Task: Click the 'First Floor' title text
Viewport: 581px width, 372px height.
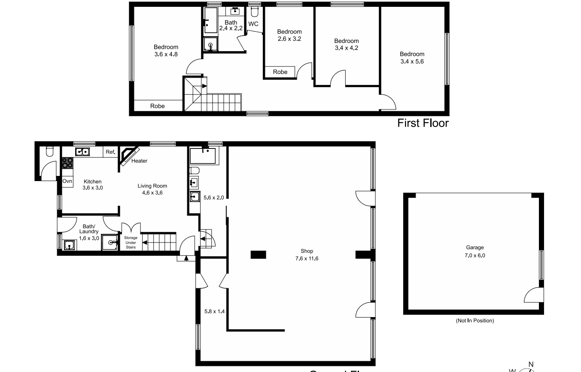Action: point(423,123)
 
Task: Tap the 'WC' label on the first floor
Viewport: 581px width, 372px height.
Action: point(253,24)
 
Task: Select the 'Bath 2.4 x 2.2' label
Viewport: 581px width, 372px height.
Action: point(231,25)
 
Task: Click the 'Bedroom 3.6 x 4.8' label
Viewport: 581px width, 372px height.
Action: point(166,51)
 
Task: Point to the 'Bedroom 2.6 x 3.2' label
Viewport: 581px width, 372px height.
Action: point(289,35)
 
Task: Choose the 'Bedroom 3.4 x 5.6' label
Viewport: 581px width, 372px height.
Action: point(412,57)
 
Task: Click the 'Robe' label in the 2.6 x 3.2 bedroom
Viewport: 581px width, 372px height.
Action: point(280,72)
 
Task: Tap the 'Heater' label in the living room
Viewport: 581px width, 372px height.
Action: point(139,161)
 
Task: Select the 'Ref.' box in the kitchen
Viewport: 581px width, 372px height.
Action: point(110,151)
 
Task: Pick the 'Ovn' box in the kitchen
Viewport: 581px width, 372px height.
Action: point(67,181)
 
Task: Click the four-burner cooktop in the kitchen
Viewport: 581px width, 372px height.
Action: point(67,163)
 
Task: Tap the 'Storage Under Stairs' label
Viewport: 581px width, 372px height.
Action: point(131,242)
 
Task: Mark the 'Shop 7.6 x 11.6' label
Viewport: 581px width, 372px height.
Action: point(307,254)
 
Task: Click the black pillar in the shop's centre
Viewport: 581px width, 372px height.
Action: point(258,255)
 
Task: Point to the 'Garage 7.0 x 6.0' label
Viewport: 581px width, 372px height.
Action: point(475,251)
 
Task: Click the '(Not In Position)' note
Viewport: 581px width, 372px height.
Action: point(475,321)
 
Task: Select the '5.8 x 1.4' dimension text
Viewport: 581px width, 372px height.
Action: point(214,311)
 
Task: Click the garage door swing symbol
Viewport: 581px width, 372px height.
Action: point(534,296)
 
